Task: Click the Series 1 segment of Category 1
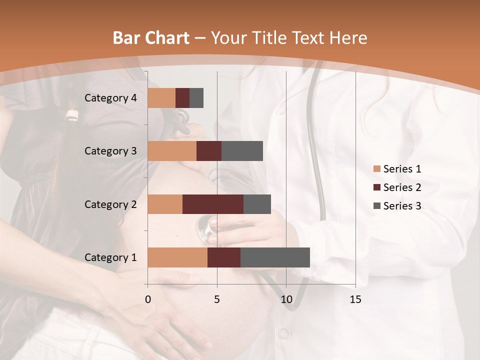click(177, 257)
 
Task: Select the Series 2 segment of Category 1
click(224, 257)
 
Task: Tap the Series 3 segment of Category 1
click(275, 257)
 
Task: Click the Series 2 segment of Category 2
click(213, 204)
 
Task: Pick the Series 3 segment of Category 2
click(257, 204)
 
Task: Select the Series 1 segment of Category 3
click(172, 151)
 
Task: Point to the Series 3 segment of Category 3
click(242, 151)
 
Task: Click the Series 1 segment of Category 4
click(161, 98)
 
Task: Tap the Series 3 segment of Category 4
click(196, 98)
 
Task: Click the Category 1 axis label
click(110, 257)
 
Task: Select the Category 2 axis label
click(110, 204)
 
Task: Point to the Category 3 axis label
click(110, 151)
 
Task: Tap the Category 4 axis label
click(110, 98)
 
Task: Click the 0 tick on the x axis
click(147, 299)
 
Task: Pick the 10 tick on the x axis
click(286, 299)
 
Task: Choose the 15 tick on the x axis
click(355, 299)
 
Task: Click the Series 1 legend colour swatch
click(377, 169)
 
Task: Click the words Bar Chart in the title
click(151, 38)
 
